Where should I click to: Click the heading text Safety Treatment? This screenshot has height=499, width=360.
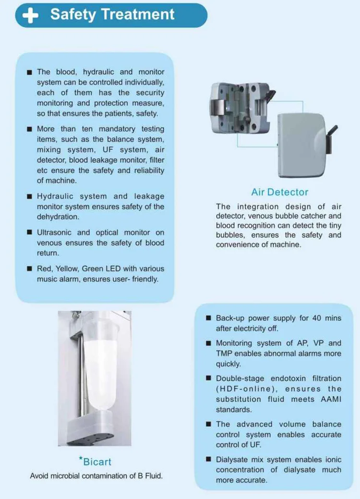point(112,14)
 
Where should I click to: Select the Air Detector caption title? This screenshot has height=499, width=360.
point(280,192)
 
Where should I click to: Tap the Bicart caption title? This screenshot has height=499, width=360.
point(96,462)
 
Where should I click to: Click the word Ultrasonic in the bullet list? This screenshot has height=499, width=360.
point(54,232)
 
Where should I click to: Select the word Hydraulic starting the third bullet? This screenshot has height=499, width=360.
point(56,196)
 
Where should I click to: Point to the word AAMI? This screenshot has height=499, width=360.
point(328,400)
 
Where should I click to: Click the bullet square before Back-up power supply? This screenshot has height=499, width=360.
point(208,318)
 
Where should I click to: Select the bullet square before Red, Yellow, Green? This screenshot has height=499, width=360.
point(30,269)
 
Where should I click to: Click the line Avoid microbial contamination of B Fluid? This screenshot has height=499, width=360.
point(96,476)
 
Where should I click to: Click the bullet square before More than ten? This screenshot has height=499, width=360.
point(30,129)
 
